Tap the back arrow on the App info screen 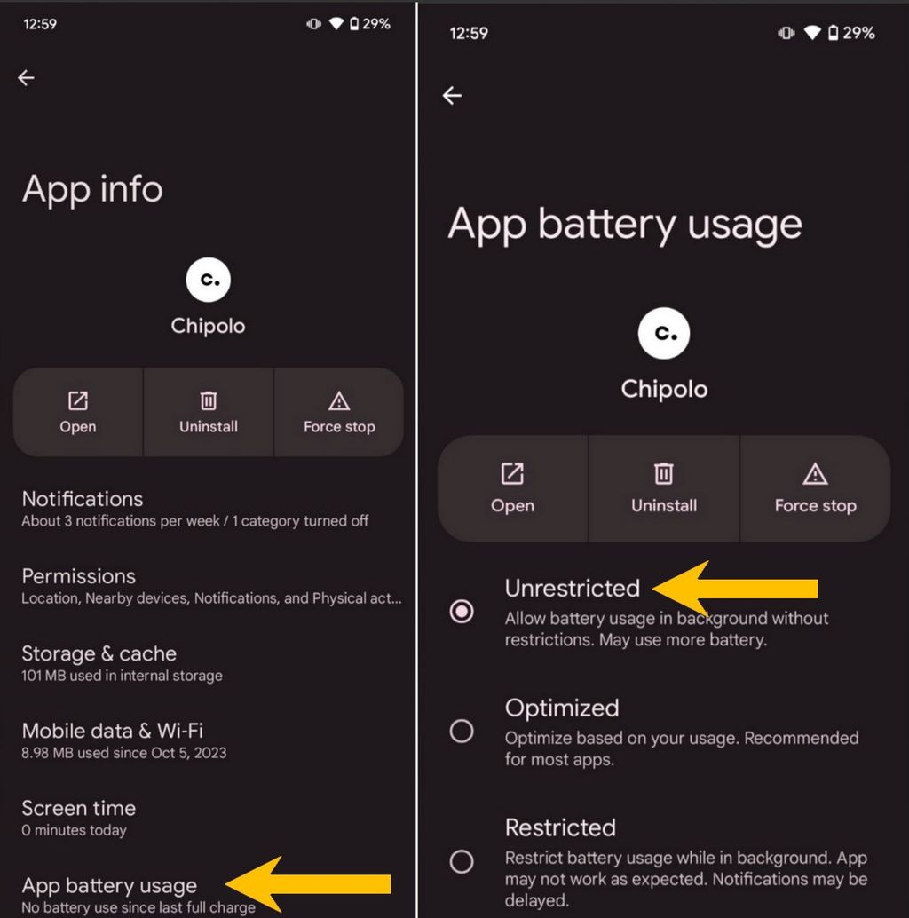tap(27, 78)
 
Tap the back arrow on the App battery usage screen tap(453, 96)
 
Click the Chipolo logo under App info tap(209, 280)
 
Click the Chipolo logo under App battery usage tap(664, 334)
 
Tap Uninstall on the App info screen tap(209, 413)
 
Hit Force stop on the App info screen tap(339, 413)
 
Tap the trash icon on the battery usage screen tap(664, 474)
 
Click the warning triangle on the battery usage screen tap(815, 474)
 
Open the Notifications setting tap(83, 499)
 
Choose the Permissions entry tap(79, 576)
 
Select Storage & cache tap(99, 654)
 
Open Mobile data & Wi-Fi tap(113, 732)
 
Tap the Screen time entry tap(79, 809)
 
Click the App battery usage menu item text tap(109, 886)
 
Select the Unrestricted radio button tap(462, 611)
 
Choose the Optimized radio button tap(462, 731)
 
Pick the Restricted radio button tap(462, 860)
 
